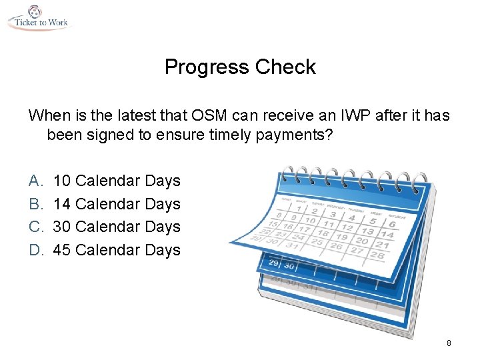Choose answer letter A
click(x=35, y=181)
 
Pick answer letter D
click(x=35, y=250)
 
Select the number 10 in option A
click(x=63, y=181)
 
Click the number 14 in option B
click(x=63, y=204)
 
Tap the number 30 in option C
click(x=63, y=227)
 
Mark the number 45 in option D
click(x=63, y=250)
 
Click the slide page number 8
click(x=449, y=343)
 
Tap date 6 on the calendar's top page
click(x=391, y=225)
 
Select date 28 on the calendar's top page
click(x=377, y=256)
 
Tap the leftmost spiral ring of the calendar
click(x=285, y=175)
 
